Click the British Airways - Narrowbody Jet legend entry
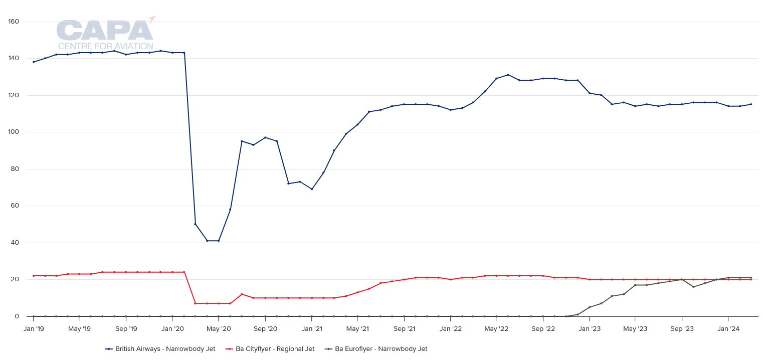coord(160,349)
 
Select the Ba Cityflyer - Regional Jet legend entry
coord(270,349)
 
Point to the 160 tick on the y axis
coord(14,22)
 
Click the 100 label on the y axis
coord(14,132)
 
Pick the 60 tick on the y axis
coord(15,206)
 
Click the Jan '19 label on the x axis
coord(34,329)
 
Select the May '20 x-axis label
coord(219,329)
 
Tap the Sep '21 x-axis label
coord(404,329)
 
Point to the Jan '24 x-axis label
coord(728,329)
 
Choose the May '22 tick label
coord(496,329)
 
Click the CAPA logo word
coord(104,31)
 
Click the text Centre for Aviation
coord(105,47)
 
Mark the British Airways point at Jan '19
coord(34,62)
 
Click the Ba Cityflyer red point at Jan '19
coord(34,276)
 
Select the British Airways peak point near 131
coord(508,75)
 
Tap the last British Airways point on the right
coord(751,104)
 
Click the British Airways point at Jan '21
coord(311,189)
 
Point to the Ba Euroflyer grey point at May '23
coord(635,285)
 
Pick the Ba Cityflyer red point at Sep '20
coord(265,298)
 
